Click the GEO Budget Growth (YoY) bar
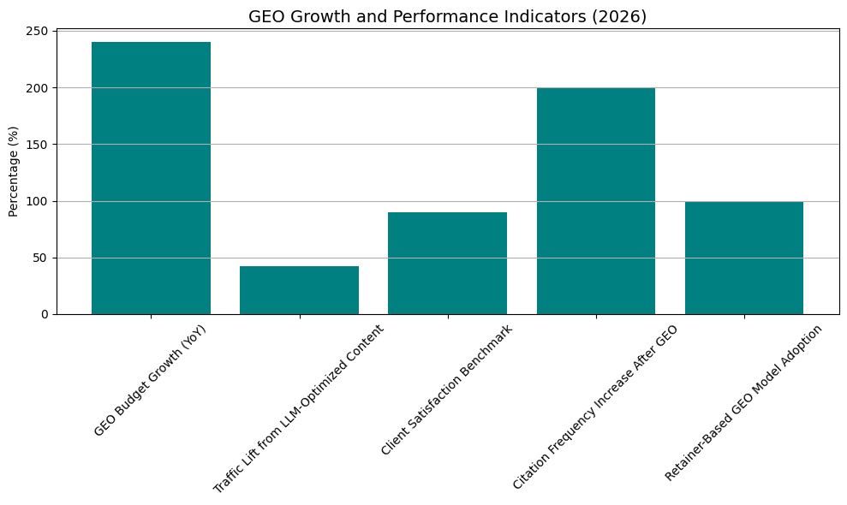pyautogui.click(x=151, y=178)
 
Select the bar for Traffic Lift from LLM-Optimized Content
pyautogui.click(x=299, y=290)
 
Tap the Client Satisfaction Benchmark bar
pyautogui.click(x=447, y=263)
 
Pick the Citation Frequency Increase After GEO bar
pyautogui.click(x=595, y=201)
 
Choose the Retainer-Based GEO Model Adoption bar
pyautogui.click(x=743, y=258)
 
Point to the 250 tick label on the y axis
pyautogui.click(x=39, y=32)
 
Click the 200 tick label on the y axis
pyautogui.click(x=39, y=88)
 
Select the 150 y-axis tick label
pyautogui.click(x=39, y=145)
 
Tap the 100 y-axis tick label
pyautogui.click(x=39, y=201)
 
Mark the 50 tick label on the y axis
pyautogui.click(x=43, y=258)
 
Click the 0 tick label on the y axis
pyautogui.click(x=46, y=314)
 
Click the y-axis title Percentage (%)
pyautogui.click(x=14, y=171)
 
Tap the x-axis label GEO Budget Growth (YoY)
pyautogui.click(x=151, y=380)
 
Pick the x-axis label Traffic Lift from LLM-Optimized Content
pyautogui.click(x=299, y=408)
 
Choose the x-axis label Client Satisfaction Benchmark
pyautogui.click(x=447, y=389)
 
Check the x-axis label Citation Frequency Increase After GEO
pyautogui.click(x=595, y=407)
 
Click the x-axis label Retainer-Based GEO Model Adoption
pyautogui.click(x=743, y=402)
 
